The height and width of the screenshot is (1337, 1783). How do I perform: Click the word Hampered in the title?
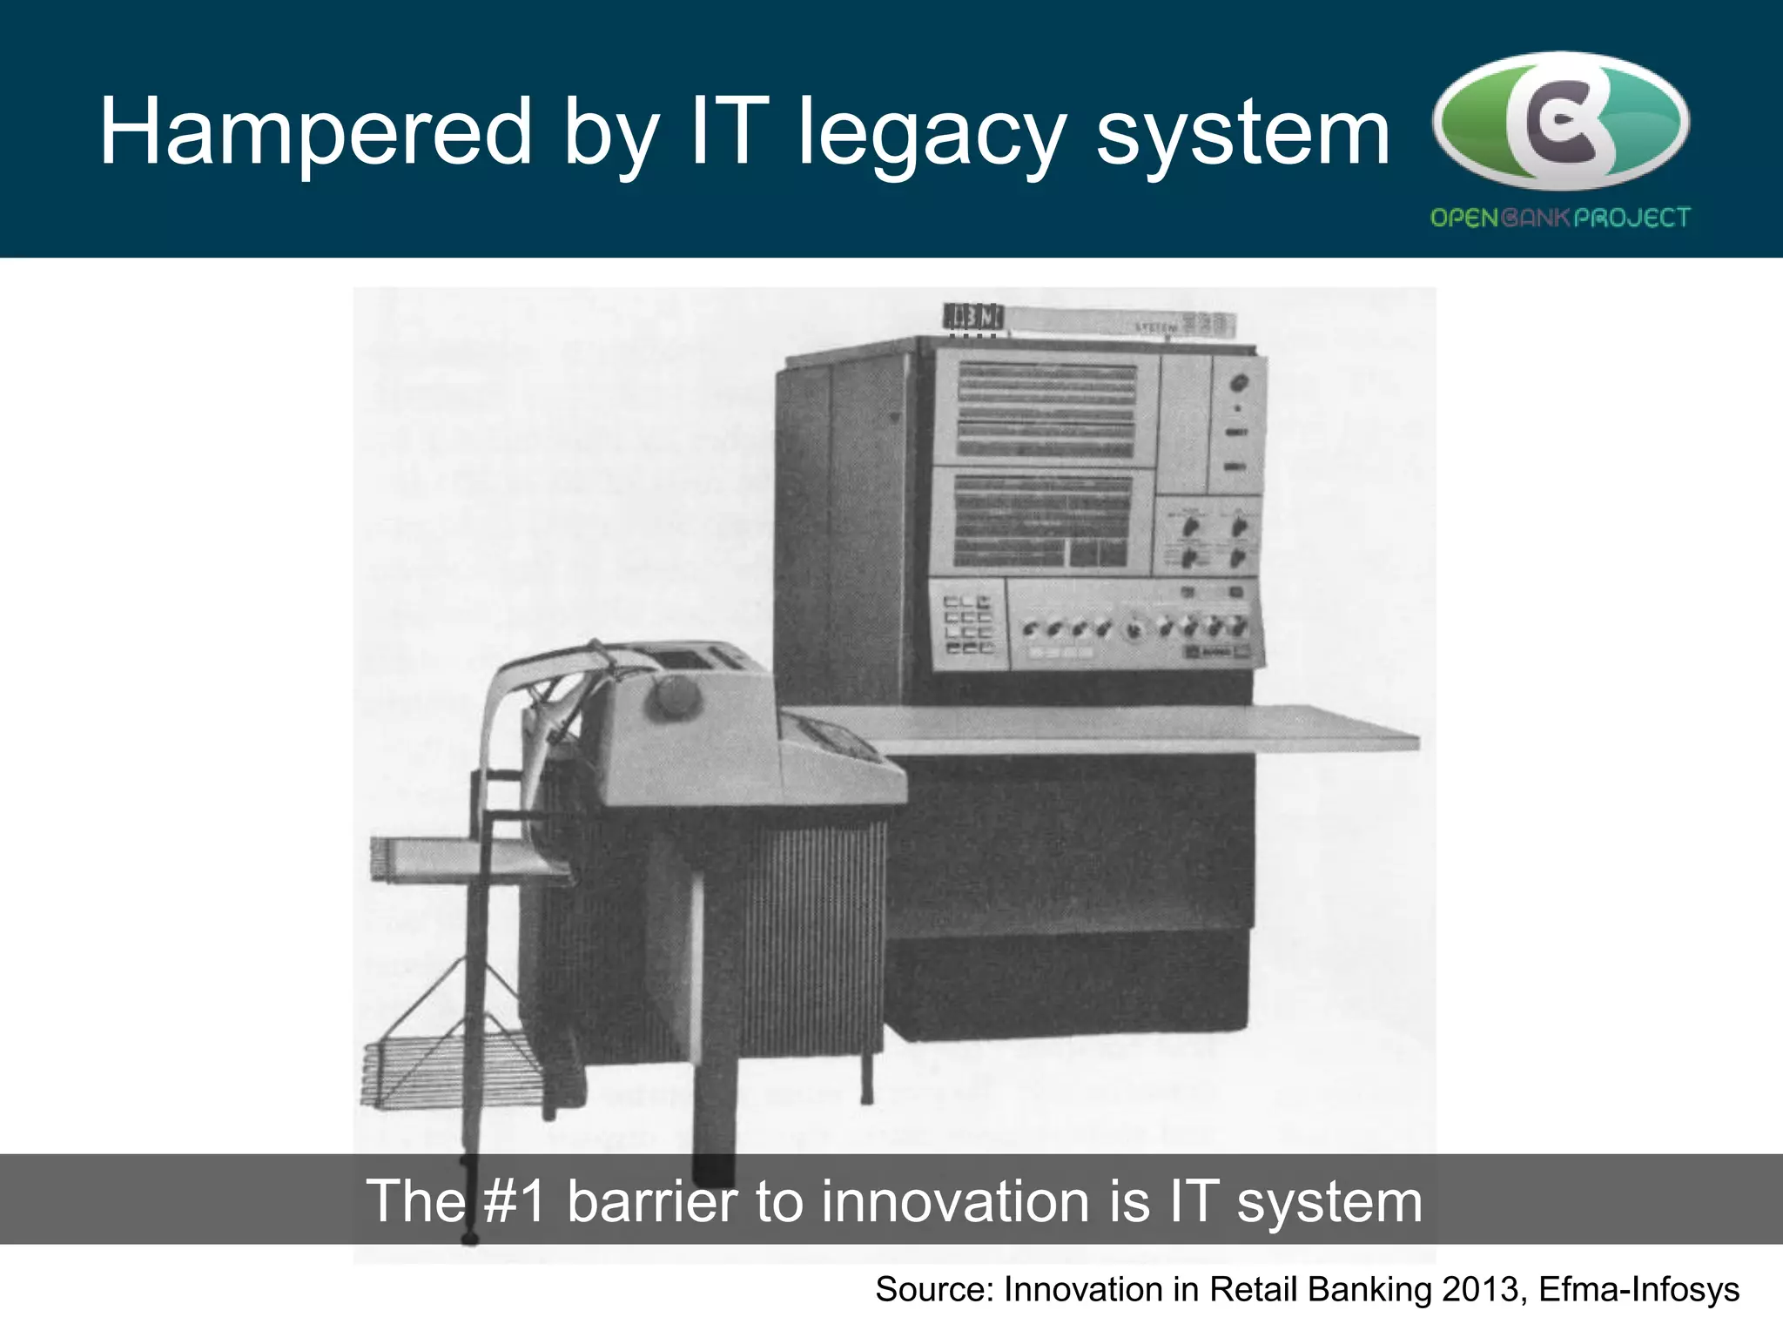click(315, 132)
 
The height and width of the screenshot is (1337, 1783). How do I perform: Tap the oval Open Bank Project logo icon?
click(1560, 120)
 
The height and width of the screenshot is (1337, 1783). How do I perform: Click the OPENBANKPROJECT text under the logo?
click(1560, 218)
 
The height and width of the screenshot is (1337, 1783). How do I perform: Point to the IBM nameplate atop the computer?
click(972, 318)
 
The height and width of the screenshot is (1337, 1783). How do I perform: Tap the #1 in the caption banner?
click(515, 1202)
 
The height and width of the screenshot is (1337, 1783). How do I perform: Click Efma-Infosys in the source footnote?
click(1638, 1290)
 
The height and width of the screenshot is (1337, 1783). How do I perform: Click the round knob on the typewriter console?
click(674, 697)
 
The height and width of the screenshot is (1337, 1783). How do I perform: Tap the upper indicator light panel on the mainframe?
click(1046, 410)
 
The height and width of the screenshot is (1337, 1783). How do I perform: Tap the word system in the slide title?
click(1242, 132)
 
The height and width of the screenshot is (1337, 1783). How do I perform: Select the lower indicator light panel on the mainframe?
click(1041, 521)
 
